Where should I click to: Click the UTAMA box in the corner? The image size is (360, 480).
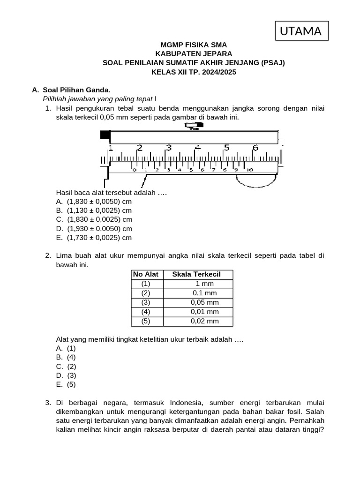click(x=301, y=31)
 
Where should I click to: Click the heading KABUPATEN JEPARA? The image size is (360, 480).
click(x=194, y=54)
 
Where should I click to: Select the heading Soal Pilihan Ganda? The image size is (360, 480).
click(x=76, y=90)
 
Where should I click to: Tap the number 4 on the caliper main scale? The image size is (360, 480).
click(x=197, y=148)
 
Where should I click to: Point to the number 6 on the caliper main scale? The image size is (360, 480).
click(x=255, y=148)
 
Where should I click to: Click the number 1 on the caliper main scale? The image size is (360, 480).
click(x=111, y=148)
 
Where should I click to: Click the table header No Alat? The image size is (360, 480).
click(x=146, y=274)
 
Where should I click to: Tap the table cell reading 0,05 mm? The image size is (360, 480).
click(x=205, y=302)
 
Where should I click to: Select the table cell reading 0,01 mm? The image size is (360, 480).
click(x=205, y=312)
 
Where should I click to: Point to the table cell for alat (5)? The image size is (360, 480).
click(x=146, y=321)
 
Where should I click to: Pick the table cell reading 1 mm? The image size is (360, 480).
click(x=205, y=284)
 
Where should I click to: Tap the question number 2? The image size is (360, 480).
click(x=48, y=256)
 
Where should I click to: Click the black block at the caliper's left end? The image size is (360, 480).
click(x=105, y=135)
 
